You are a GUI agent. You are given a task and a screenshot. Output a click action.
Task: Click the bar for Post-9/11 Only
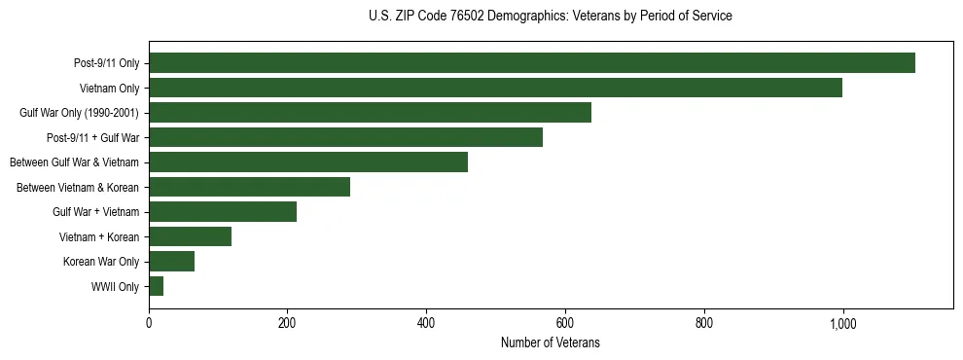(x=532, y=63)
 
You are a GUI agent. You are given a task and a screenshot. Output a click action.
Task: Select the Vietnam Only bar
(x=495, y=88)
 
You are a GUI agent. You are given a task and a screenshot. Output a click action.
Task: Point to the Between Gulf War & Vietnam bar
(x=308, y=162)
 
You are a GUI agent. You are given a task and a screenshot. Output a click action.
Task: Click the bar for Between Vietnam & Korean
(x=249, y=187)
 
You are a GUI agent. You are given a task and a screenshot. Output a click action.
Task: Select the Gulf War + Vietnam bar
(x=223, y=211)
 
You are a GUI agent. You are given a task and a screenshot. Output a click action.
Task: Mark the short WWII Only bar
(x=156, y=286)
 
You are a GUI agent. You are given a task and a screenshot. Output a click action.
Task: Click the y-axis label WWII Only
(x=115, y=286)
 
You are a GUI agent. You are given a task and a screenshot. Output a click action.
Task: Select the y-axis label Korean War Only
(x=101, y=261)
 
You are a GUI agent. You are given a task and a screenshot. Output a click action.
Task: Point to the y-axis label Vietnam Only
(x=109, y=89)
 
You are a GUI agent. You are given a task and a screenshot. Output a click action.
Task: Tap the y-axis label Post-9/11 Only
(x=106, y=63)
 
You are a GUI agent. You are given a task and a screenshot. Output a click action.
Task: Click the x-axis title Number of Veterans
(x=550, y=342)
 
